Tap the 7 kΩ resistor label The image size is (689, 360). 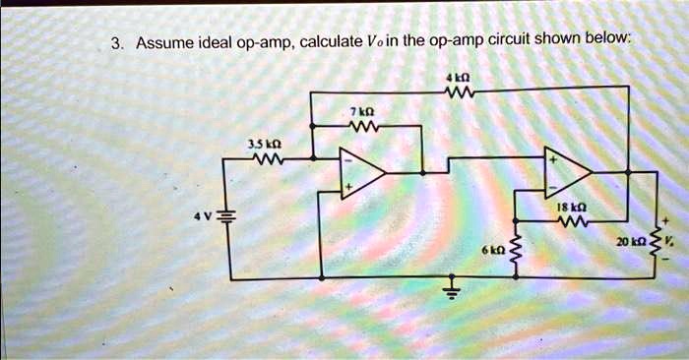pos(360,111)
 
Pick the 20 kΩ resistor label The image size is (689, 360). pos(630,241)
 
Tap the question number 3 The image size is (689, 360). pos(116,43)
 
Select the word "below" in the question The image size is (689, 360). pos(604,40)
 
